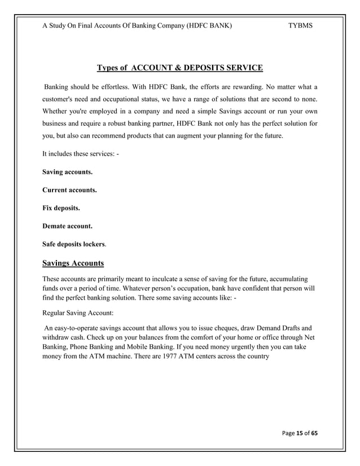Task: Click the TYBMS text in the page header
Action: coord(301,26)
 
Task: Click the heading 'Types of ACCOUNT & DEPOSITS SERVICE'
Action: coord(179,68)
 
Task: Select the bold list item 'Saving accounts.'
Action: coord(68,171)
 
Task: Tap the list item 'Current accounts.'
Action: coord(69,190)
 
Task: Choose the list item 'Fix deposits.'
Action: coord(61,208)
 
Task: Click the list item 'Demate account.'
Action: coord(68,226)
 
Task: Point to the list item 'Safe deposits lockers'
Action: coord(73,245)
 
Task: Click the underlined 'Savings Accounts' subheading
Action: coord(73,263)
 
